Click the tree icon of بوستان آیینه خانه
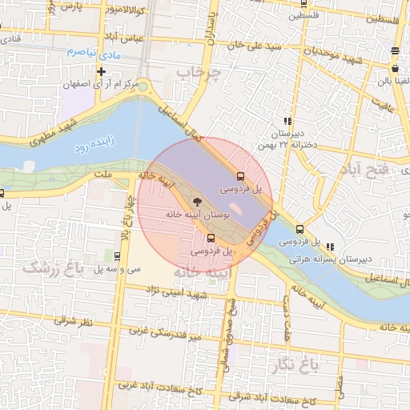196,202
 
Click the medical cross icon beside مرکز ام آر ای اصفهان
102,71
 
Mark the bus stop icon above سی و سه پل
118,257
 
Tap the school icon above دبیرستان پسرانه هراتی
331,246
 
